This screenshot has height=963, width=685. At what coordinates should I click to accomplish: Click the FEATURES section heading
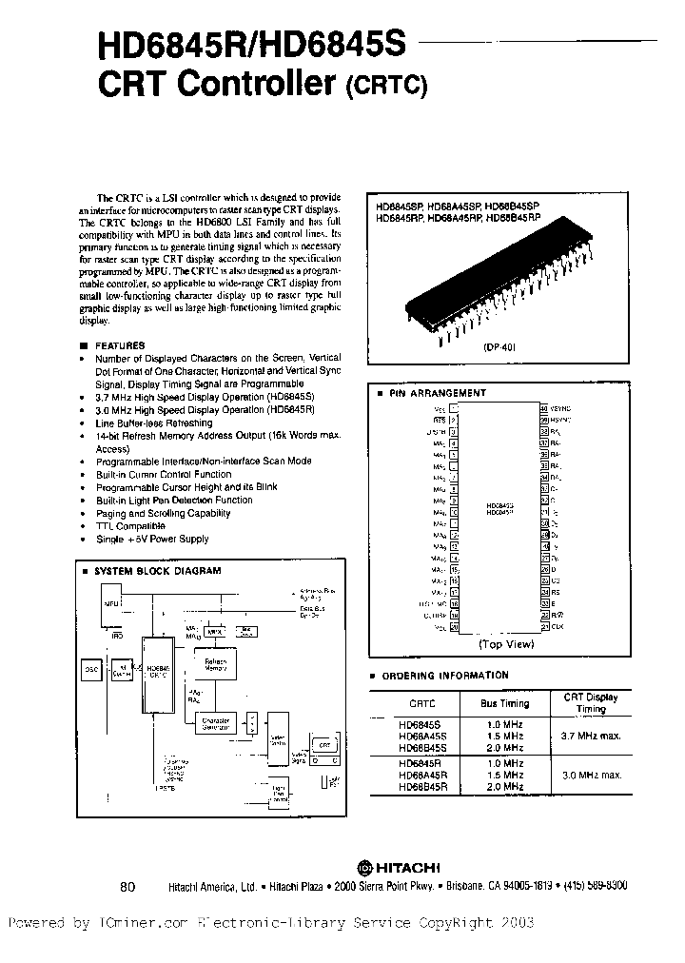click(121, 345)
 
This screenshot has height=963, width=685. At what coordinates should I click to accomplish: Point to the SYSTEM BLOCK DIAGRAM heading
click(157, 571)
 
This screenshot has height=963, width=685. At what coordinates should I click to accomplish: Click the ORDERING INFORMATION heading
click(445, 675)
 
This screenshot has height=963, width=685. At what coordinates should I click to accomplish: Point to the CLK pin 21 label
click(556, 627)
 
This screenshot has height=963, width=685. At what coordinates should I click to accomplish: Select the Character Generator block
click(216, 724)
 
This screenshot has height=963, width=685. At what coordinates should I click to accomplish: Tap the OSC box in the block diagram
click(93, 670)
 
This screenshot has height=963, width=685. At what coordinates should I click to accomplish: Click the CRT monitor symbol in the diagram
click(323, 747)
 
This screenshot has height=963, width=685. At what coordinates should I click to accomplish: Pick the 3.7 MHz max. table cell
click(591, 736)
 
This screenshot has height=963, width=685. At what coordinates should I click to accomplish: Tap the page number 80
click(129, 886)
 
